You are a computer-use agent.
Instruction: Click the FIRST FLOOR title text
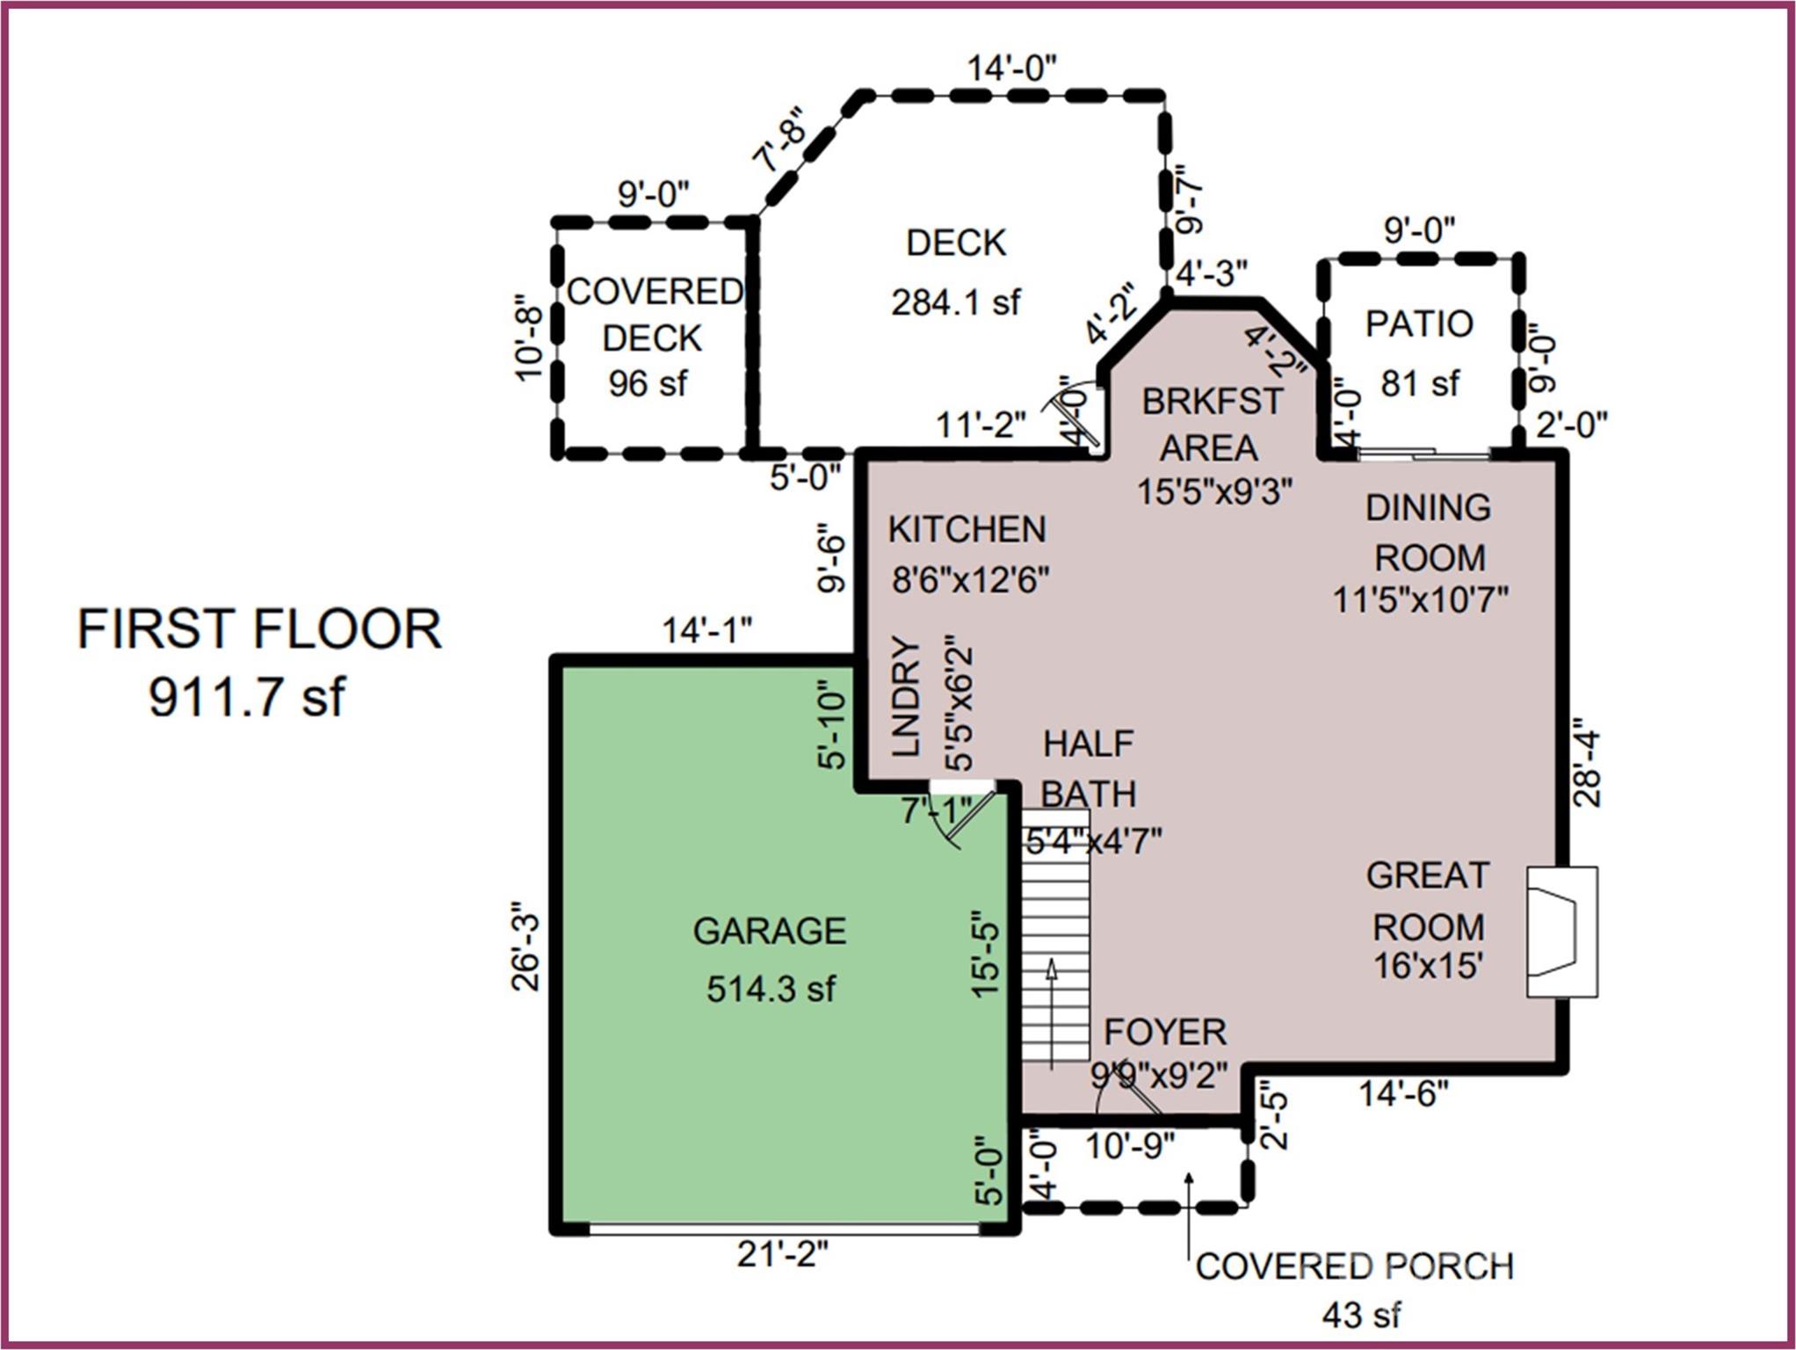point(259,629)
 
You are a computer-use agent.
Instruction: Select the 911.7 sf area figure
point(247,697)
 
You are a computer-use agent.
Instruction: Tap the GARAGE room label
point(770,931)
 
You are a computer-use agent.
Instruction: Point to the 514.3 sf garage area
point(771,990)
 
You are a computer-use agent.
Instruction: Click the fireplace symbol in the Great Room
point(1561,932)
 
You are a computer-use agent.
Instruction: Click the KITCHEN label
point(967,529)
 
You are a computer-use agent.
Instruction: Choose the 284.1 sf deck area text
point(956,302)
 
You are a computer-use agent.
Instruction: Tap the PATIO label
point(1419,323)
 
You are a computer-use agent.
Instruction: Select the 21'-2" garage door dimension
point(782,1253)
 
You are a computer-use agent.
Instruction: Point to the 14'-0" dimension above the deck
point(1011,68)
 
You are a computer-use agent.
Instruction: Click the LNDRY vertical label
point(905,696)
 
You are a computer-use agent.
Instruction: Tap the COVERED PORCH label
point(1355,1267)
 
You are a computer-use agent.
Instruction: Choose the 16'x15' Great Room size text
point(1428,966)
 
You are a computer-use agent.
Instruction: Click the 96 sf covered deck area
point(648,383)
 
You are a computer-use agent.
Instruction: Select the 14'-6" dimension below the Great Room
point(1403,1094)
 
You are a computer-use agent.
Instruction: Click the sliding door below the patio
point(1423,454)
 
